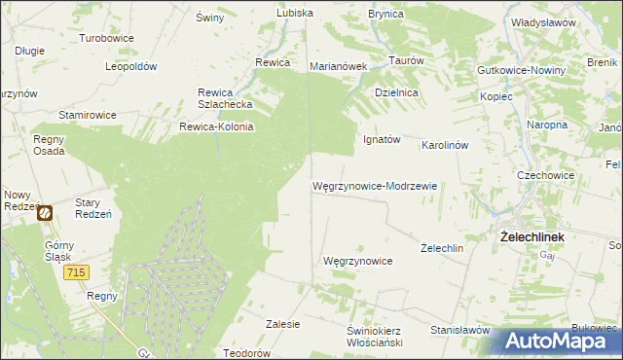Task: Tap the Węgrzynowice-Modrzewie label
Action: tap(374, 185)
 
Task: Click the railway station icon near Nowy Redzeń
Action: tap(45, 211)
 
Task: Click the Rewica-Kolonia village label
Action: tap(216, 126)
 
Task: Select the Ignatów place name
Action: tap(382, 139)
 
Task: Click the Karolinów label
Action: tap(445, 145)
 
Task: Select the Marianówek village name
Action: tap(337, 67)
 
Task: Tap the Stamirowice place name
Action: tap(87, 115)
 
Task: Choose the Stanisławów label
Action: tap(458, 330)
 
